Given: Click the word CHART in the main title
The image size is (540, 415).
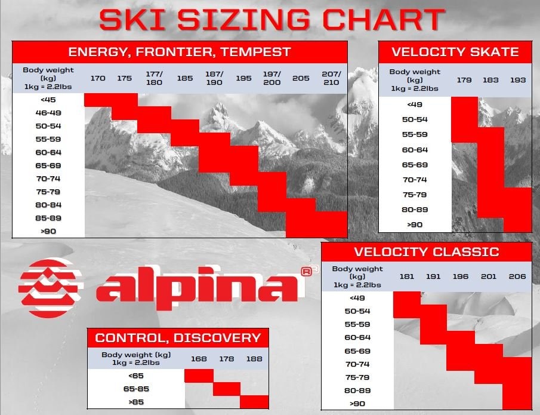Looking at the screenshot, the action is [x=384, y=19].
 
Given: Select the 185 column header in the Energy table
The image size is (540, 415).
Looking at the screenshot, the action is [x=184, y=78].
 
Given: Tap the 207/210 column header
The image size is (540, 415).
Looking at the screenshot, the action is [x=331, y=78].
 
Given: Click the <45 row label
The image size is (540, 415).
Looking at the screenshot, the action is [x=48, y=100].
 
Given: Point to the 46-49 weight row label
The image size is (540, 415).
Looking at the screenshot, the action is [x=48, y=113].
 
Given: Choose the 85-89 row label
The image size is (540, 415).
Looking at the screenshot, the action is [x=48, y=218].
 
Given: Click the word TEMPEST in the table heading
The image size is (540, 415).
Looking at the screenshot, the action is [x=255, y=52].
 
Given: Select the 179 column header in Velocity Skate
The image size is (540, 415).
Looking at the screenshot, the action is [x=464, y=80].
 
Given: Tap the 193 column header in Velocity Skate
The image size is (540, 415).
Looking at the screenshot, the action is [x=517, y=80].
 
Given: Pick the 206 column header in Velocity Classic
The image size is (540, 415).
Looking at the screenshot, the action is [x=517, y=276].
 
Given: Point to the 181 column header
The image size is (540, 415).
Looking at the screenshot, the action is [x=406, y=276].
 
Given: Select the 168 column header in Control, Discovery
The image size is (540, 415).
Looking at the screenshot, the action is [x=199, y=359].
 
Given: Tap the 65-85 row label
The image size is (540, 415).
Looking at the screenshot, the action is [x=136, y=389].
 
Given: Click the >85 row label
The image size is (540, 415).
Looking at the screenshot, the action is [x=136, y=402].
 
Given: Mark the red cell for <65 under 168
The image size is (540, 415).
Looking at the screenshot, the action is [x=199, y=376].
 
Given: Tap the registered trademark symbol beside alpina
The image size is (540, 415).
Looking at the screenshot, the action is [x=306, y=272].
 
